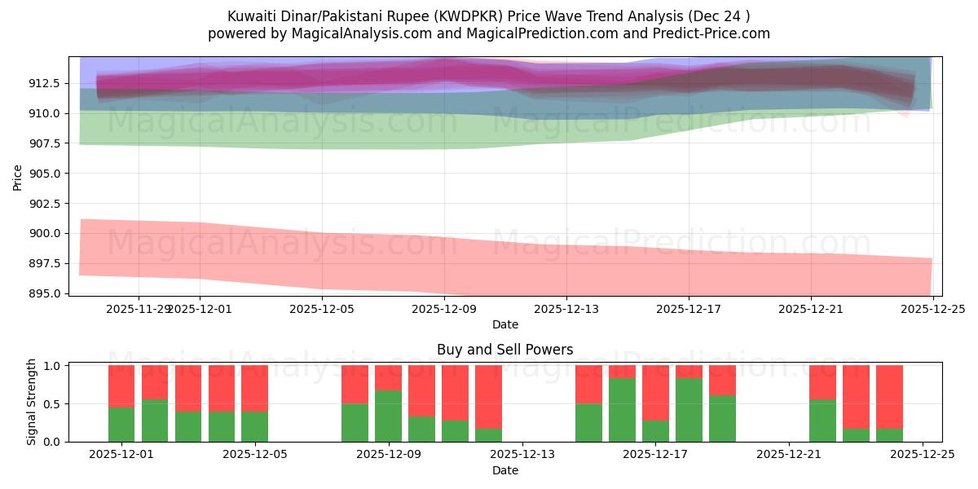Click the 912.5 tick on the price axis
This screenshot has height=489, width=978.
[46, 83]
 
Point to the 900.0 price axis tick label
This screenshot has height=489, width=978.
[46, 233]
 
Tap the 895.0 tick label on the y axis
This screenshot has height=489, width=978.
[46, 293]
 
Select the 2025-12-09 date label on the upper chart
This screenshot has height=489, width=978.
[444, 309]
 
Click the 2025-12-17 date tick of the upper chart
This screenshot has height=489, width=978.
[689, 309]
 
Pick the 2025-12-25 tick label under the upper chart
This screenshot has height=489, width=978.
[932, 309]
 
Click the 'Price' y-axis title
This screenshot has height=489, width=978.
[18, 176]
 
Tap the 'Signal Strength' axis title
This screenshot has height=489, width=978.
[31, 403]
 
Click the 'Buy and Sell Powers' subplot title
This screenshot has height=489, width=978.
[504, 350]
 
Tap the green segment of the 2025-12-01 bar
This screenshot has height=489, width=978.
[121, 424]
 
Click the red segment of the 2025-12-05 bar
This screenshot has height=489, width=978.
[254, 388]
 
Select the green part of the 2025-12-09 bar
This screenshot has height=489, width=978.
[388, 416]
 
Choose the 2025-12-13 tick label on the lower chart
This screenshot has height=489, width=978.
[522, 455]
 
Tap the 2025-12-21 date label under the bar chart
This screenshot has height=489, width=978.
[789, 455]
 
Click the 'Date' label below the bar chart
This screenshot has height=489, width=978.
[504, 470]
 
